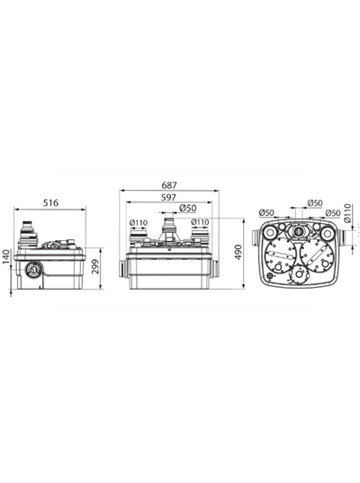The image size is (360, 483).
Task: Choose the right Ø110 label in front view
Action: [x=199, y=222]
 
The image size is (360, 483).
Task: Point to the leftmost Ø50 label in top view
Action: [x=267, y=213]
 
